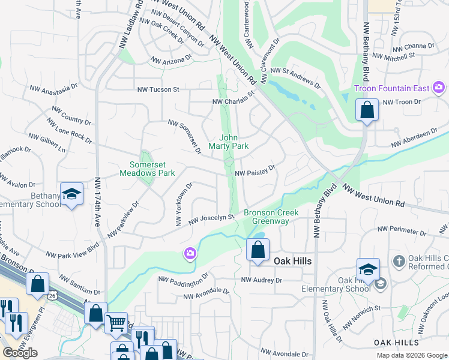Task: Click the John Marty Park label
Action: click(x=228, y=142)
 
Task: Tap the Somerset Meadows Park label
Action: click(x=152, y=169)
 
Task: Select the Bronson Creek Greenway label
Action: click(x=267, y=217)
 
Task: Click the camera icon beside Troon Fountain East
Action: click(x=439, y=88)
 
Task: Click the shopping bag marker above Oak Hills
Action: click(x=258, y=249)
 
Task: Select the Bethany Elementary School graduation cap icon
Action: click(x=71, y=194)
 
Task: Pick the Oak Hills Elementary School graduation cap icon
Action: click(x=368, y=269)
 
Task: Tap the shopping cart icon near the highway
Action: click(x=116, y=322)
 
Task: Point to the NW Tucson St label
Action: click(x=158, y=89)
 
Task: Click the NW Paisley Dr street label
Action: click(x=255, y=172)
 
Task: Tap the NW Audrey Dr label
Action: click(x=261, y=280)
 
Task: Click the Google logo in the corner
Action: click(x=20, y=352)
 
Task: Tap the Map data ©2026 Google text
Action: click(x=411, y=355)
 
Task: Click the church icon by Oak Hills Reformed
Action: click(x=399, y=261)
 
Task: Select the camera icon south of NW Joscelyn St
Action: click(x=190, y=254)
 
